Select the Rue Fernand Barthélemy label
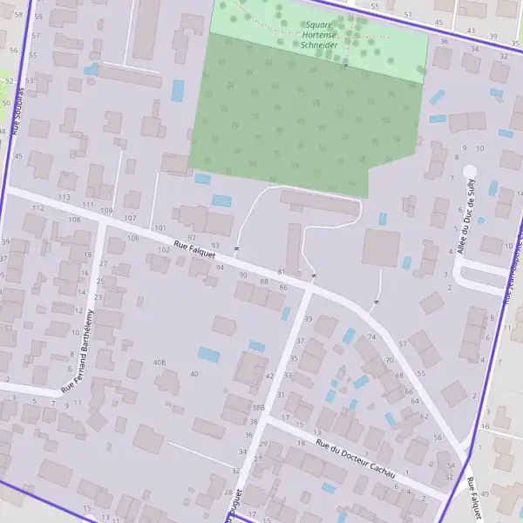(78, 350)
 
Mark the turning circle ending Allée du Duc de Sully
(470, 172)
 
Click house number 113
(64, 198)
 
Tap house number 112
(37, 208)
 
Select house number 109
(106, 211)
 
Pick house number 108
(74, 220)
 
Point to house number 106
(132, 238)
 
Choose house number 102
(163, 249)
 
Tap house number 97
(192, 238)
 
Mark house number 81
(281, 272)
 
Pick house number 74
(372, 336)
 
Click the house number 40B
(160, 362)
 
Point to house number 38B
(258, 407)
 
